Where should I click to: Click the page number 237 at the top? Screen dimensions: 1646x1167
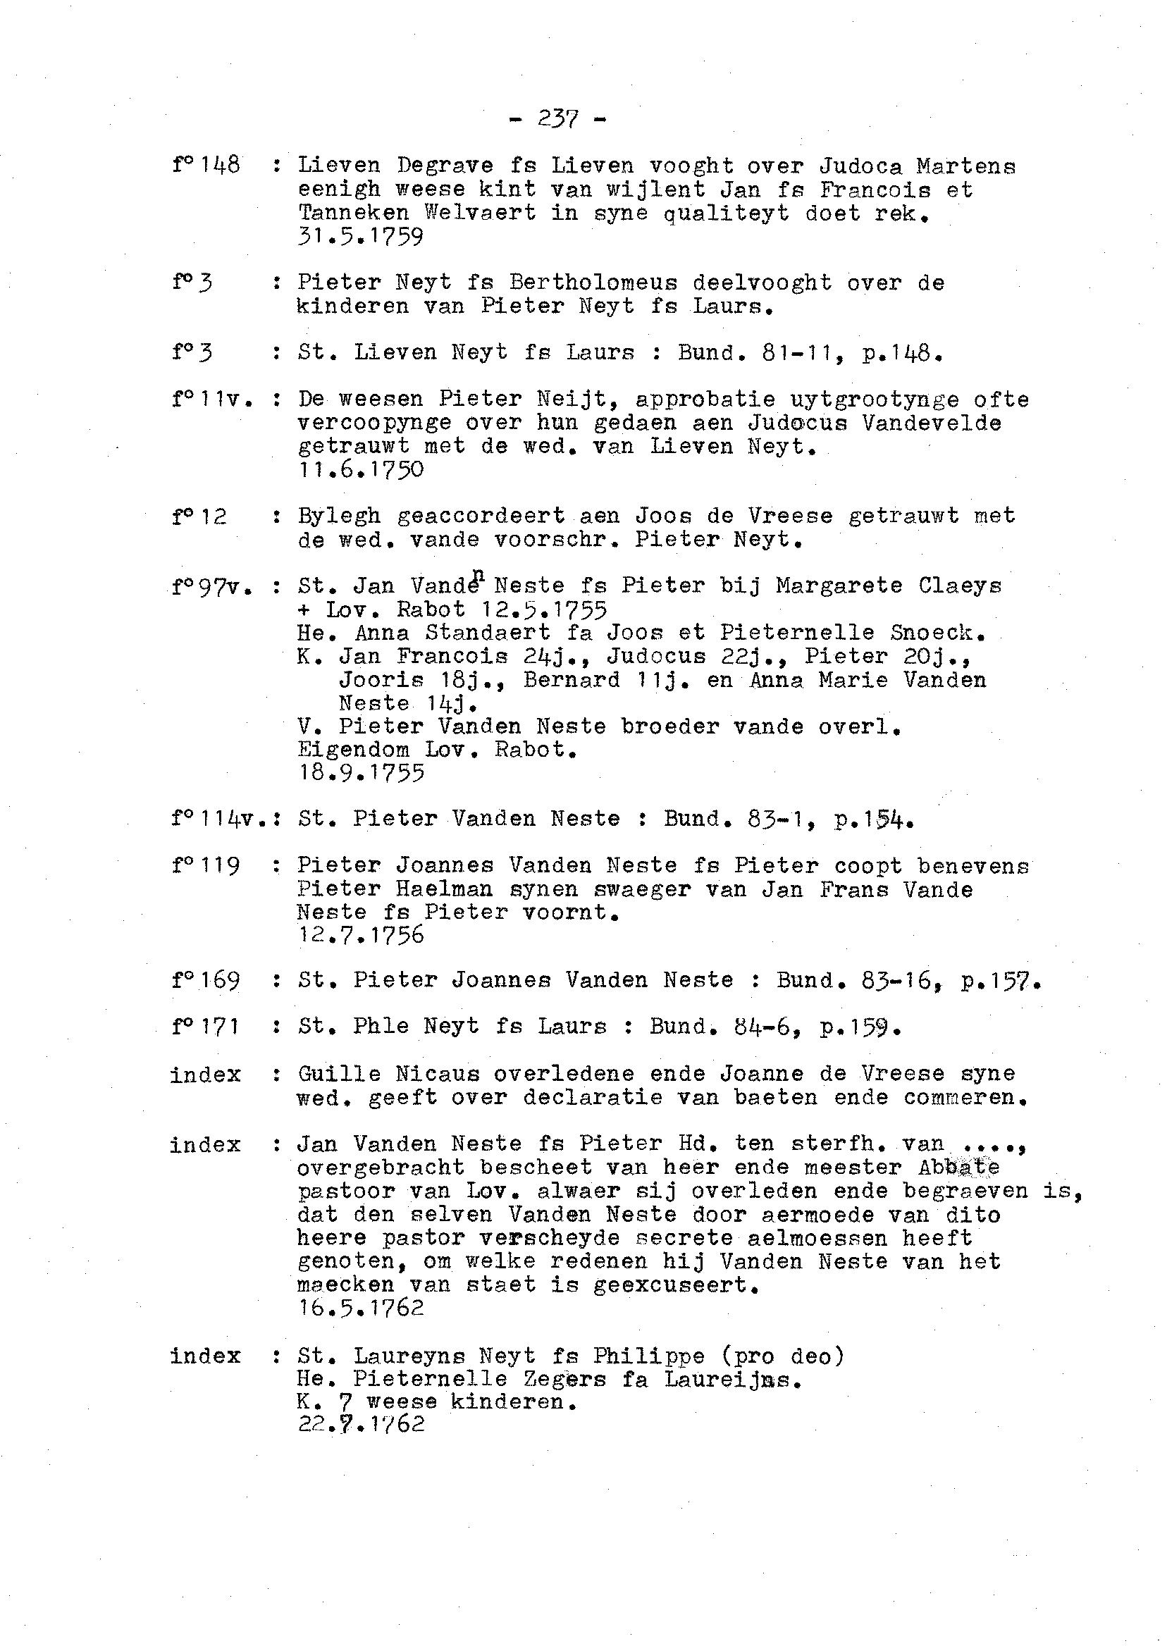point(557,119)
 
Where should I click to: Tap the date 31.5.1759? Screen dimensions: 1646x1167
point(360,236)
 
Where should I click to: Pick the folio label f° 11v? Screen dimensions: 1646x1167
point(212,400)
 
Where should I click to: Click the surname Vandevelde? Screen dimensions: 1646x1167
point(932,423)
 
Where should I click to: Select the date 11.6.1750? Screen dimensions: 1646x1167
point(360,470)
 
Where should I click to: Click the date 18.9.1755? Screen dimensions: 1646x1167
point(360,773)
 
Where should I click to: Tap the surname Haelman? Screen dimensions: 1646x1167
point(444,889)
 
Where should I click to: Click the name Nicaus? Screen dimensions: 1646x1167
point(437,1075)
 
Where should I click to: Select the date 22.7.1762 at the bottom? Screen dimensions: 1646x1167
point(360,1425)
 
